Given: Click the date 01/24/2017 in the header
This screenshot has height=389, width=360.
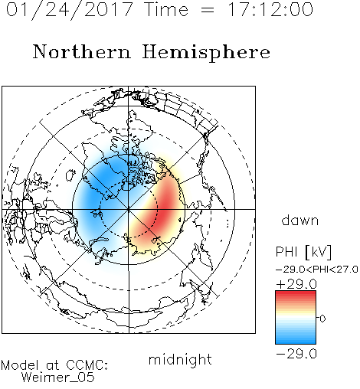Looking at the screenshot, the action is click(x=70, y=10).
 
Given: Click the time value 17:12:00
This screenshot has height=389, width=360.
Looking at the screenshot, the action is click(x=270, y=9).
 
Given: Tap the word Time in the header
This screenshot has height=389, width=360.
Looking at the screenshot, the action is click(x=166, y=9).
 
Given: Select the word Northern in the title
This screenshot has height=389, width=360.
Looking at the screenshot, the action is click(x=82, y=51).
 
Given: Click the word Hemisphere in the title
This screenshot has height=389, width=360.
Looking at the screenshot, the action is click(x=206, y=53).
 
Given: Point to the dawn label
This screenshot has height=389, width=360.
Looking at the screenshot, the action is click(x=300, y=221).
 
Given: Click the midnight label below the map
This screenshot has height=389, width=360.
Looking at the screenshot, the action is click(x=180, y=360).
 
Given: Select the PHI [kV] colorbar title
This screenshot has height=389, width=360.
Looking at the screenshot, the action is click(x=303, y=252).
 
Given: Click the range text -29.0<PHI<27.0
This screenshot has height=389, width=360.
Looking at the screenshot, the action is click(x=317, y=270).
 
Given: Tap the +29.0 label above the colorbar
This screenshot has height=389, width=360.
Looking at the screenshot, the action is click(x=296, y=284).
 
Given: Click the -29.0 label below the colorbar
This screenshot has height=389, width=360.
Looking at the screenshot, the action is click(x=296, y=354).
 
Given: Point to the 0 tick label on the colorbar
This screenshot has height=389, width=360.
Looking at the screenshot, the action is click(x=322, y=319).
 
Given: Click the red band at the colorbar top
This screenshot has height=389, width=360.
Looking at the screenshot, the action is click(x=296, y=295).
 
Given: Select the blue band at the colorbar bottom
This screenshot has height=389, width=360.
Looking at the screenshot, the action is click(x=296, y=340).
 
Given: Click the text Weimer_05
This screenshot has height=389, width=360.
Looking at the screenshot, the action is click(x=58, y=378).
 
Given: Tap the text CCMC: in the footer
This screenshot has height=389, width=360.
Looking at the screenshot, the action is click(x=87, y=365).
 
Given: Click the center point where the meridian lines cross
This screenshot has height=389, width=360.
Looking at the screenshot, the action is click(x=129, y=209).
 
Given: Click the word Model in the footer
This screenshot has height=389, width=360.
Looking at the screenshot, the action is click(x=20, y=365).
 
